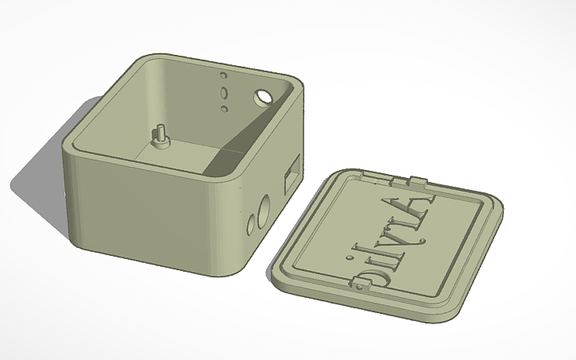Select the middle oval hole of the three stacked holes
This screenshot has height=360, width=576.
223,91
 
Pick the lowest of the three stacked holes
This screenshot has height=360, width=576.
225,106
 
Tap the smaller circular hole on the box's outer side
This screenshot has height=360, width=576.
251,226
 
